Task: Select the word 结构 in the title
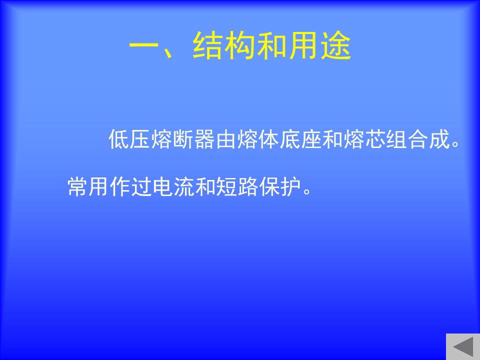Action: pyautogui.click(x=224, y=45)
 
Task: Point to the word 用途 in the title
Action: pyautogui.click(x=320, y=45)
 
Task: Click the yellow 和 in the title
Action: pyautogui.click(x=272, y=45)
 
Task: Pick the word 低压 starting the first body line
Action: pyautogui.click(x=129, y=139)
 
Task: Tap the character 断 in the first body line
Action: pyautogui.click(x=183, y=139)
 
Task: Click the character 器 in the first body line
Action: pyautogui.click(x=204, y=139)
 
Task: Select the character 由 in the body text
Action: pyautogui.click(x=225, y=139)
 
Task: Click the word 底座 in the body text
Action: pyautogui.click(x=300, y=139)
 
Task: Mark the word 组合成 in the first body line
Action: pyautogui.click(x=418, y=139)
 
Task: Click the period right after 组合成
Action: pyautogui.click(x=456, y=144)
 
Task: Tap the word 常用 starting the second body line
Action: pyautogui.click(x=87, y=186)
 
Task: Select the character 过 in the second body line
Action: pyautogui.click(x=141, y=186)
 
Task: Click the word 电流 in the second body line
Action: pyautogui.click(x=173, y=186)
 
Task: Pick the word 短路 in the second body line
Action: pyautogui.click(x=237, y=186)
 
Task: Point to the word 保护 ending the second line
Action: pyautogui.click(x=280, y=186)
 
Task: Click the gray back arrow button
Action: pyautogui.click(x=463, y=346)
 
